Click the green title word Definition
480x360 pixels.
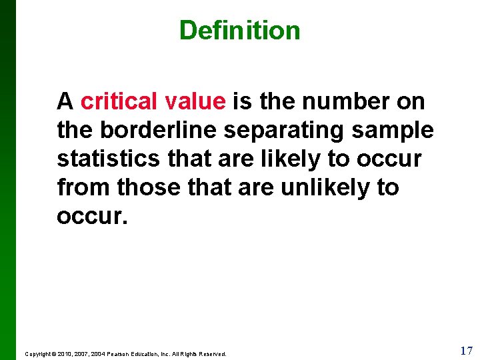pos(239,30)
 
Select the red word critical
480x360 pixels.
pos(117,101)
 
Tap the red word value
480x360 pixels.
pos(195,101)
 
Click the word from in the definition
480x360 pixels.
pos(84,187)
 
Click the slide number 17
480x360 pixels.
pos(466,350)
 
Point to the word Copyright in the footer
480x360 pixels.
pos(39,354)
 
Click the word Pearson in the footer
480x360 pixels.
pos(122,354)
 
